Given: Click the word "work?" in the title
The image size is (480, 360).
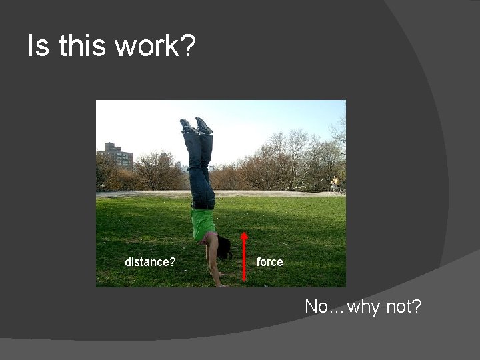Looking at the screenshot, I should tap(155, 46).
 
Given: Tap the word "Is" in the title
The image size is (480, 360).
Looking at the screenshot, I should tap(37, 46).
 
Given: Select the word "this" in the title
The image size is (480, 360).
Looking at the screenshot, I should tap(81, 46).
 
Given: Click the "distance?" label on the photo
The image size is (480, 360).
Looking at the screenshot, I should tap(150, 262).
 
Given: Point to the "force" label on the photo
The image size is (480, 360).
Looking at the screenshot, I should tap(269, 262).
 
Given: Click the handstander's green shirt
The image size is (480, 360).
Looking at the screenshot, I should tap(202, 223).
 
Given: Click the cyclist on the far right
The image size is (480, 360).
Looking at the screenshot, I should tap(335, 182).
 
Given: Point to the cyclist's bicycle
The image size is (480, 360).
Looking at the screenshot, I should tap(335, 189).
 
